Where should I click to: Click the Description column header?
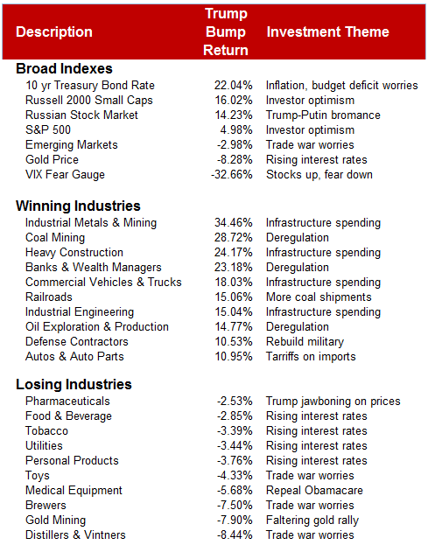[54, 32]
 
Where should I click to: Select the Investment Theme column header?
[327, 32]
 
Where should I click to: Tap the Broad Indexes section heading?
[64, 68]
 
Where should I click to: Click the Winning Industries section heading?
[78, 206]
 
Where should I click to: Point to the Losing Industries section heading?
[74, 384]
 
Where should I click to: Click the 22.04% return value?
[234, 86]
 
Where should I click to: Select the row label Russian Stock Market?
[81, 115]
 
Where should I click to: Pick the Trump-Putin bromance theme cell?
[323, 115]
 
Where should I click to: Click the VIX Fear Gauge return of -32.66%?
[232, 174]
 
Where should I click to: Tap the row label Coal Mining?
[55, 238]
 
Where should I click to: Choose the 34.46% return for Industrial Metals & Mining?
[234, 223]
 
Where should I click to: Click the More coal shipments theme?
[319, 297]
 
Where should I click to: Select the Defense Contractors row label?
[77, 342]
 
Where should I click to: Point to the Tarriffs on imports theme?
[311, 357]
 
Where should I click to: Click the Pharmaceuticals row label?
[67, 402]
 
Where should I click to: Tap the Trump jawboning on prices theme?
[333, 402]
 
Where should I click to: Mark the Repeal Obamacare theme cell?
[315, 491]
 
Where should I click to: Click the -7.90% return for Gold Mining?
[235, 521]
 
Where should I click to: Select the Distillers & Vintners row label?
[76, 535]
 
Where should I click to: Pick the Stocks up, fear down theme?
[319, 174]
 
